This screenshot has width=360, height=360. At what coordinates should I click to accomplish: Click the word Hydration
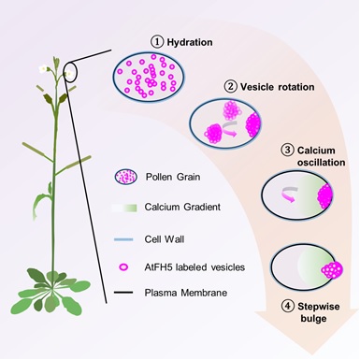point(190,42)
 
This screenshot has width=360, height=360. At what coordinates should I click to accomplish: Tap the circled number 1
point(157,42)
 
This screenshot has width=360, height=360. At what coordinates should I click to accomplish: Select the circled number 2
point(231,86)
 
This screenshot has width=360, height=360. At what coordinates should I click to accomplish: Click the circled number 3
point(287,151)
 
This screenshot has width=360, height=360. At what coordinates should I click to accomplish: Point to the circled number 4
point(288,307)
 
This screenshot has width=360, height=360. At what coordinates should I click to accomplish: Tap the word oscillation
point(321,163)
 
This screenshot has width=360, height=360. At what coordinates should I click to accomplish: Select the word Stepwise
point(318,307)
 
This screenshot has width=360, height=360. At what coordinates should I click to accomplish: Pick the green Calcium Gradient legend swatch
point(124,208)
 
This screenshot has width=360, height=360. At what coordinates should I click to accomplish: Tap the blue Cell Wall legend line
point(123,239)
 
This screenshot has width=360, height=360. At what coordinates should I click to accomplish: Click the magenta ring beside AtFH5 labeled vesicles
point(124,266)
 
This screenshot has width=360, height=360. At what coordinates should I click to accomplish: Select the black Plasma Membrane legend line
point(123,293)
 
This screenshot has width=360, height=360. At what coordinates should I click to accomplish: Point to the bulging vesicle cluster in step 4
point(332,269)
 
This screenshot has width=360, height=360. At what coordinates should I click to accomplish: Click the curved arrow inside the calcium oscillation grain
point(289,194)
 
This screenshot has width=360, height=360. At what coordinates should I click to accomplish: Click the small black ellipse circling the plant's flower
point(70,72)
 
